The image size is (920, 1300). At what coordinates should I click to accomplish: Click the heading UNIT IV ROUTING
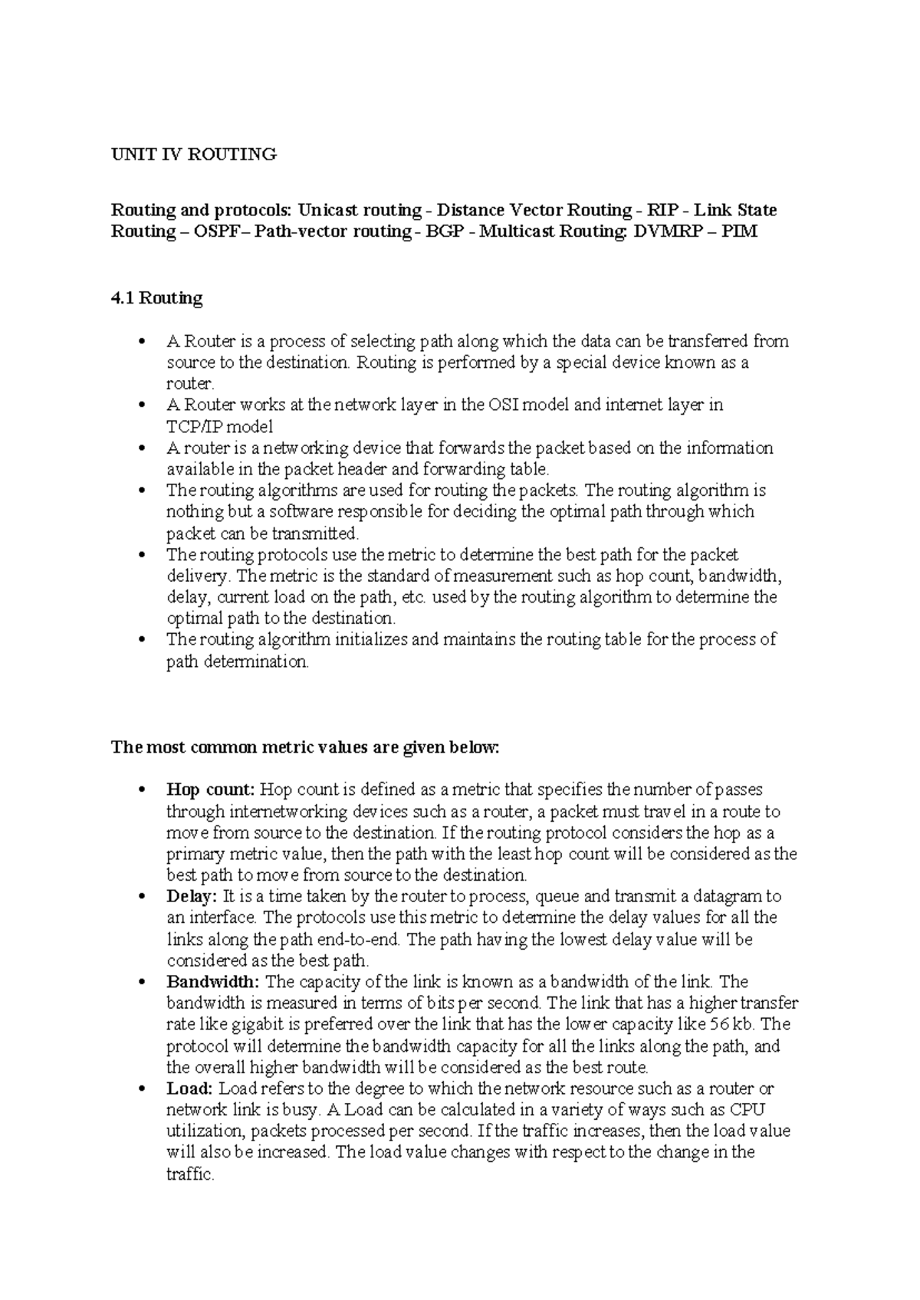coord(194,155)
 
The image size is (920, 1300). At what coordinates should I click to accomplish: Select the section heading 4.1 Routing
coord(156,298)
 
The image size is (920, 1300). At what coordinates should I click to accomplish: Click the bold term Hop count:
coord(209,790)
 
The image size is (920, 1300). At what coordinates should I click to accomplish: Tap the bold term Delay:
coord(192,896)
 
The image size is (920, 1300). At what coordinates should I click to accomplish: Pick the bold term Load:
coord(189,1088)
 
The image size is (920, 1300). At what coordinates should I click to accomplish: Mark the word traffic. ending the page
coord(189,1174)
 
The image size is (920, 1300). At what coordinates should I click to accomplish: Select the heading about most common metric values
coord(305,747)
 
